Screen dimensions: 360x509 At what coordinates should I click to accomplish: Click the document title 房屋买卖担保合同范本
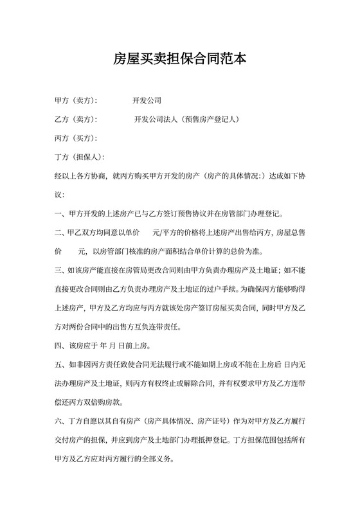tap(179, 60)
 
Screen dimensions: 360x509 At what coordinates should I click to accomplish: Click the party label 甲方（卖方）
tap(76, 101)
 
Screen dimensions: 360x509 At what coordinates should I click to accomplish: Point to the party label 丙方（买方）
tap(76, 138)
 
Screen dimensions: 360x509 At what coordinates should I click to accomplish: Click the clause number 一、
tap(60, 213)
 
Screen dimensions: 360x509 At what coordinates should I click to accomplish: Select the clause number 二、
tap(60, 232)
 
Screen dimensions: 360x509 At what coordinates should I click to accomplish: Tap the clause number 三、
tap(60, 270)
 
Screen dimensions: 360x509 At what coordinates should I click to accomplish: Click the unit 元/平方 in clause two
tap(164, 232)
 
